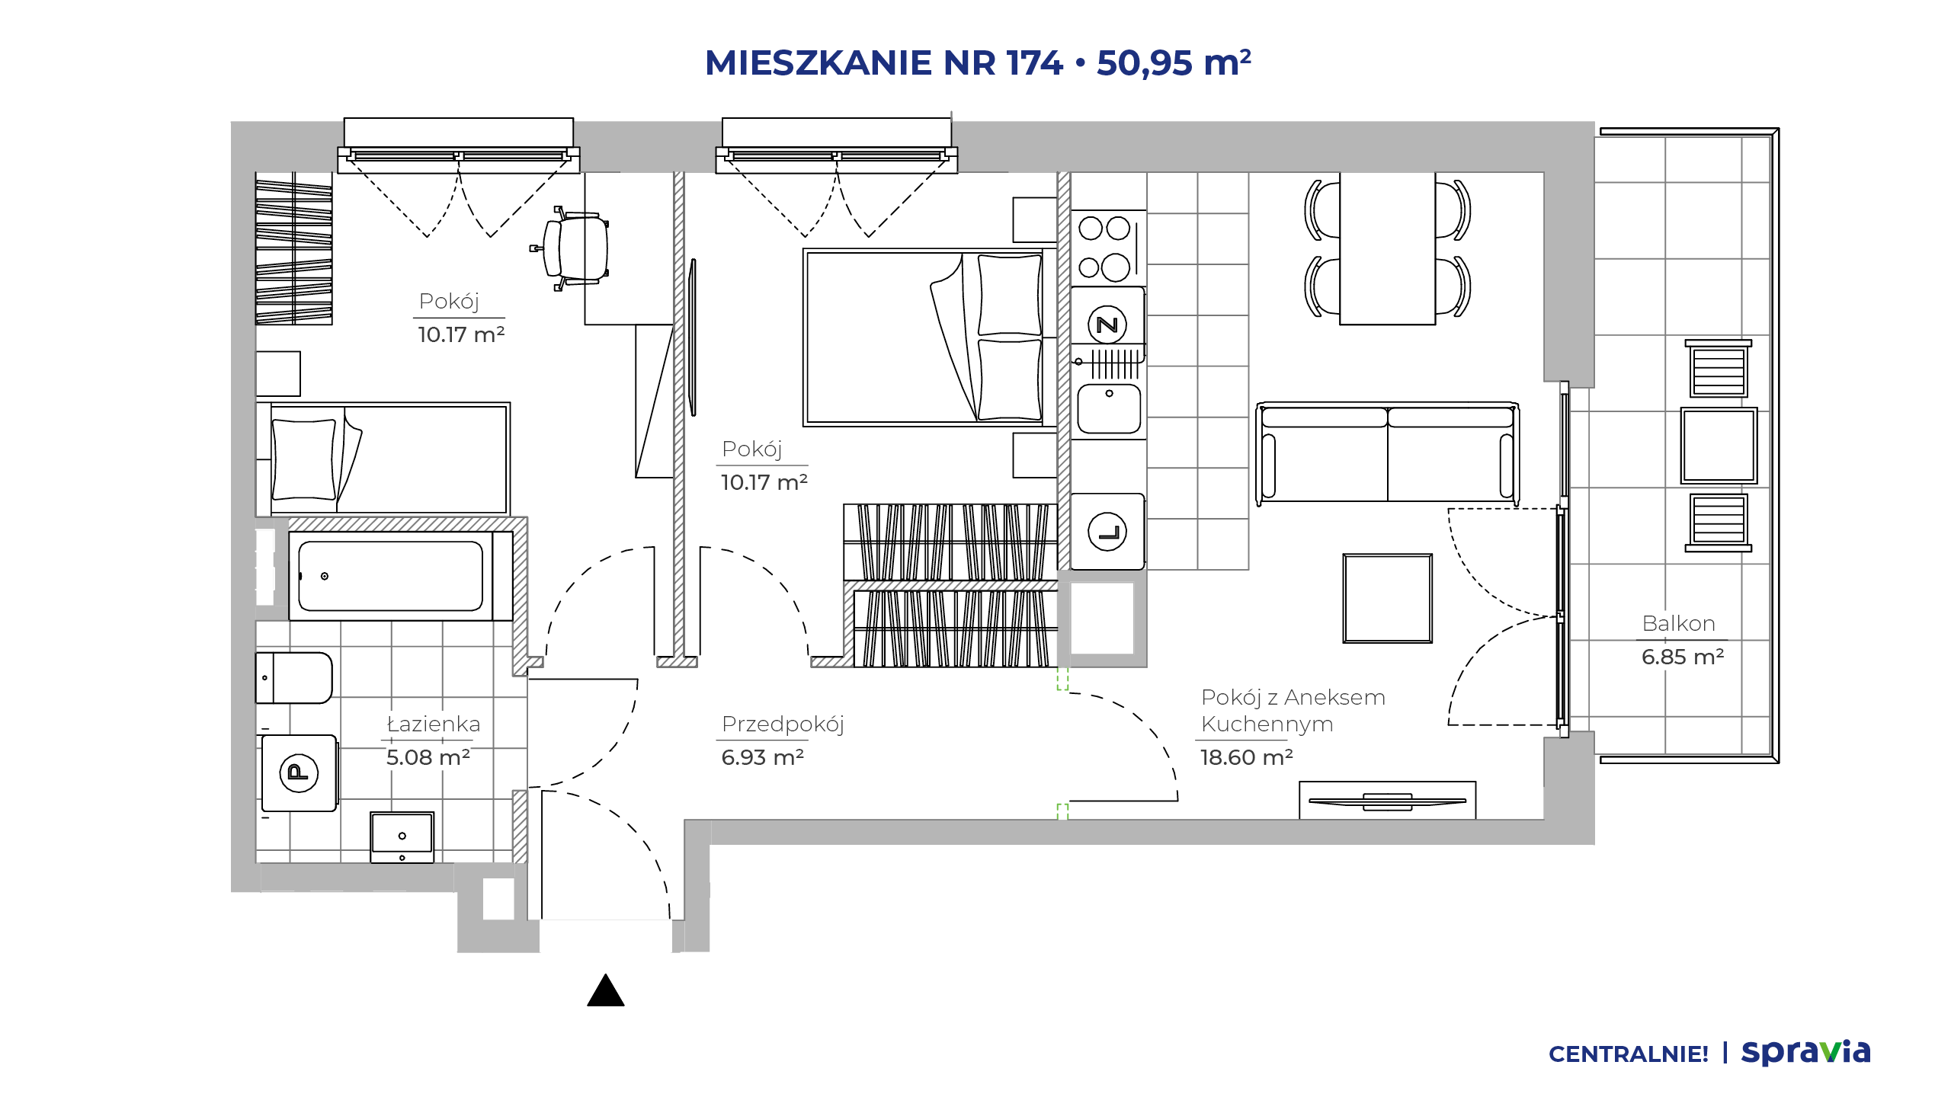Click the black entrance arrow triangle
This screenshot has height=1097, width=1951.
[x=606, y=990]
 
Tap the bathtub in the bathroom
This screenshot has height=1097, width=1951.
[x=390, y=576]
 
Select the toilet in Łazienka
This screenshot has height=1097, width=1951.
[x=293, y=677]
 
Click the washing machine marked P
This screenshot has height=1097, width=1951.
[x=299, y=772]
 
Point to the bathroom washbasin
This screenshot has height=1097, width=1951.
[x=402, y=836]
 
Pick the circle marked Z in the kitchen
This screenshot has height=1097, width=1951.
[x=1107, y=325]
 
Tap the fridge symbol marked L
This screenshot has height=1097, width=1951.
[x=1107, y=532]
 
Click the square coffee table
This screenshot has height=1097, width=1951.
[x=1387, y=598]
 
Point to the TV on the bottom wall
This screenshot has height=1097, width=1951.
[x=1387, y=801]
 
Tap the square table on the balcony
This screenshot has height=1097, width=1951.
[x=1719, y=446]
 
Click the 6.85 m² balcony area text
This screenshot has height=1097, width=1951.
[x=1683, y=657]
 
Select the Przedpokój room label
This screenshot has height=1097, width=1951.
[x=783, y=724]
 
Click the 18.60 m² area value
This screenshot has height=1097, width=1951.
[x=1247, y=757]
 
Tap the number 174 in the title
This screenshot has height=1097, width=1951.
[x=1034, y=62]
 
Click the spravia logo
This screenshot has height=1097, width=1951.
[x=1806, y=1053]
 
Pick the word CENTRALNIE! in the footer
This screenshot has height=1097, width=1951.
[x=1629, y=1054]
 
